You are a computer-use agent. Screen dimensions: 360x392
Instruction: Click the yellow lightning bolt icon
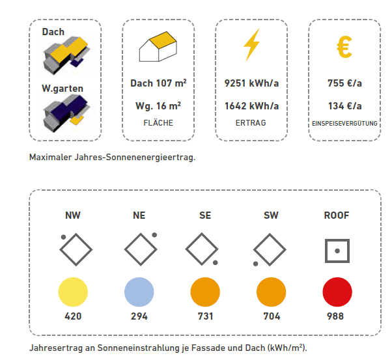251,46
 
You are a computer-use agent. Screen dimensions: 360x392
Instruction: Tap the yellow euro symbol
344,46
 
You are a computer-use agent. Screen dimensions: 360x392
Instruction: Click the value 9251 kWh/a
251,83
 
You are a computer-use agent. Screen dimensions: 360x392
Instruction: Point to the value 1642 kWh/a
251,106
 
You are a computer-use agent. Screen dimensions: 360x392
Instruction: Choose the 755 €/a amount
344,83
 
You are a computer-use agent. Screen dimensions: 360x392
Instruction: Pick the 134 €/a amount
344,106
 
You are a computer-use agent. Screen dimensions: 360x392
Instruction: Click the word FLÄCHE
158,122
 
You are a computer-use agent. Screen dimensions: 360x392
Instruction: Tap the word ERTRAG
251,122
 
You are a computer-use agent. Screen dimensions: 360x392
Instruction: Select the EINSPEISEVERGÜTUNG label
344,122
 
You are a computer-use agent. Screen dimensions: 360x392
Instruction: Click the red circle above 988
337,292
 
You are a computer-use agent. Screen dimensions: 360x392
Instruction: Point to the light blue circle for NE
139,292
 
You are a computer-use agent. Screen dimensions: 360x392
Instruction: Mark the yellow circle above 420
72,292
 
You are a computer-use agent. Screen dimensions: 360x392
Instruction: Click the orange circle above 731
204,292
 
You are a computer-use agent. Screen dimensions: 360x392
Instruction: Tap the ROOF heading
337,215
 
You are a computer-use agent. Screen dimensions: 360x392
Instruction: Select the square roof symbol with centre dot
337,251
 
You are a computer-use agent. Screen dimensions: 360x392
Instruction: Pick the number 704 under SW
271,317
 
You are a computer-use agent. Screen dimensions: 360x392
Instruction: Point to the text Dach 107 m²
158,83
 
